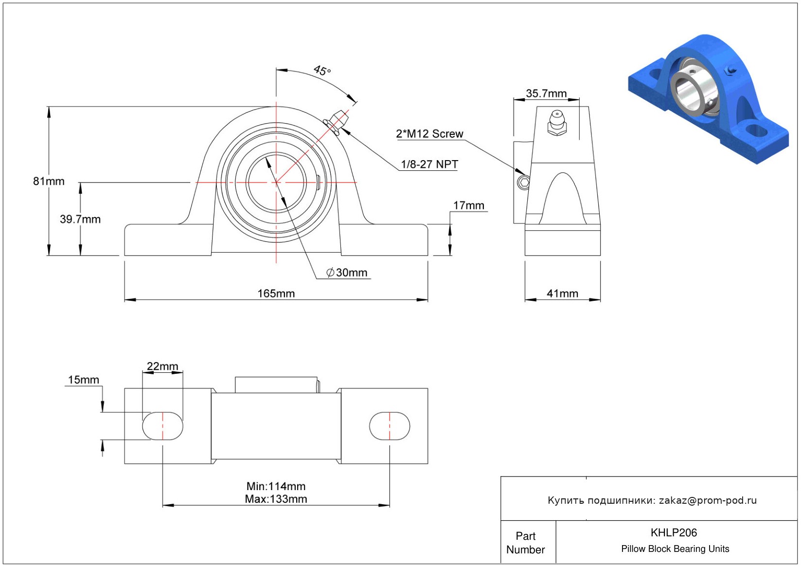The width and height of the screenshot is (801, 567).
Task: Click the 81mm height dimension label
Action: click(x=49, y=181)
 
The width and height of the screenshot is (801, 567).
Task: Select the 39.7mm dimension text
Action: click(x=80, y=219)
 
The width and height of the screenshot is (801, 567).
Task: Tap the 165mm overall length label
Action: click(x=276, y=293)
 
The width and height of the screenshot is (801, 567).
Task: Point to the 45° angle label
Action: click(x=322, y=71)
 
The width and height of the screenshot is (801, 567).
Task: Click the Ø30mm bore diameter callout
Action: click(x=347, y=273)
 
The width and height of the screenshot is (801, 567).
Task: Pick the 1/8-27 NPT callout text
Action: click(x=429, y=165)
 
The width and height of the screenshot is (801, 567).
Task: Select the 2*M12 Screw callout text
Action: click(x=429, y=134)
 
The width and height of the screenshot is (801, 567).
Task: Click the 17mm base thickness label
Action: click(x=468, y=205)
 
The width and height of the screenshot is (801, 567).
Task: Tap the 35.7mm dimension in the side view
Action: click(x=546, y=93)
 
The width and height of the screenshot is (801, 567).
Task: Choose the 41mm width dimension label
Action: click(x=562, y=293)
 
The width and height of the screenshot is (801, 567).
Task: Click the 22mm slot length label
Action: click(x=162, y=366)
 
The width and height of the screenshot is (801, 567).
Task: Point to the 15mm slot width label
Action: click(x=83, y=380)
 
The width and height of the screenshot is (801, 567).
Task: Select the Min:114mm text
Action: click(x=276, y=486)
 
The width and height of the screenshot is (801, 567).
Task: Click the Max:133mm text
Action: click(x=276, y=499)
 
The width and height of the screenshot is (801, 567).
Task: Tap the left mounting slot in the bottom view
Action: click(x=162, y=426)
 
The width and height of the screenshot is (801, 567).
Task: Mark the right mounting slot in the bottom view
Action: click(x=390, y=426)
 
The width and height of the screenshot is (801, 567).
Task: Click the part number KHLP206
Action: click(x=674, y=532)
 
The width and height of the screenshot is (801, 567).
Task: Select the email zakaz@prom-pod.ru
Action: click(x=708, y=500)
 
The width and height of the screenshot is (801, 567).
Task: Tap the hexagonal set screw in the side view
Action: click(x=523, y=183)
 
